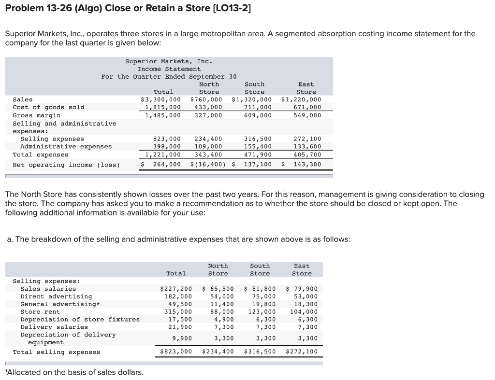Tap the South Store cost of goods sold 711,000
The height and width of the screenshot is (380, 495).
click(x=258, y=107)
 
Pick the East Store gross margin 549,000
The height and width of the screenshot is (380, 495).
click(x=307, y=115)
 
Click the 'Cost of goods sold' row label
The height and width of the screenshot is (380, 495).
click(x=48, y=107)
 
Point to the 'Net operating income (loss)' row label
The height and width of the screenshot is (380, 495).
click(x=66, y=165)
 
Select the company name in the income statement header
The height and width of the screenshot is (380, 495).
click(x=169, y=61)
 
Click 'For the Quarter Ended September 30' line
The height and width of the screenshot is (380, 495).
click(x=169, y=77)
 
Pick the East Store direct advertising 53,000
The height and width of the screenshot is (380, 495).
click(x=306, y=296)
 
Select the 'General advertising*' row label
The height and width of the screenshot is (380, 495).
click(x=56, y=304)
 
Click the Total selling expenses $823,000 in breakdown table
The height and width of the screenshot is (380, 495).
click(x=176, y=352)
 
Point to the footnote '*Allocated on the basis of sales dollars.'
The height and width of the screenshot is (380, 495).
click(x=73, y=372)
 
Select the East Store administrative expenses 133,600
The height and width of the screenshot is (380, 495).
click(x=307, y=147)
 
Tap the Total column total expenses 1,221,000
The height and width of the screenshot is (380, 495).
click(x=163, y=155)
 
